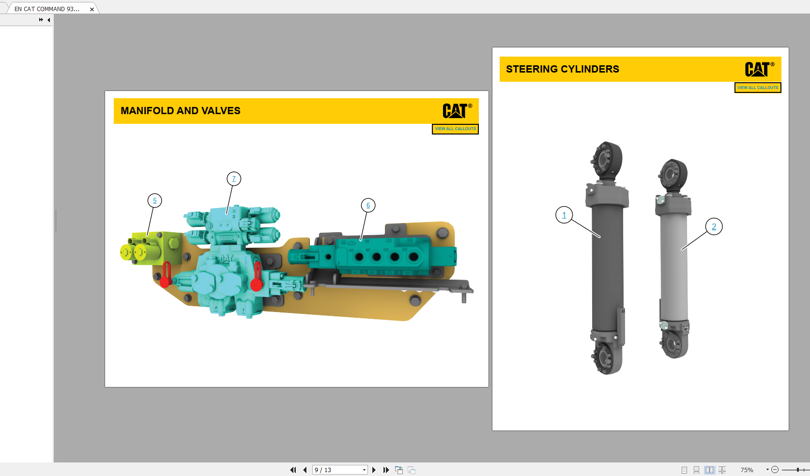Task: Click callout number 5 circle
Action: [x=154, y=201]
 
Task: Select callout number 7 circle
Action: [x=234, y=179]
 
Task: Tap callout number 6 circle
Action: [x=368, y=206]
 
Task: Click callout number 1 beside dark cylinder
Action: [x=564, y=215]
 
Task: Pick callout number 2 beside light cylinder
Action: [x=714, y=227]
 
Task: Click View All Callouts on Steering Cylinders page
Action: [x=758, y=88]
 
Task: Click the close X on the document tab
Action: [x=92, y=9]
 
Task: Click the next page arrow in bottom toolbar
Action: [x=374, y=470]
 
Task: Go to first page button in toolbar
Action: [x=293, y=470]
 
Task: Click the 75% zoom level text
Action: [x=747, y=470]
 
